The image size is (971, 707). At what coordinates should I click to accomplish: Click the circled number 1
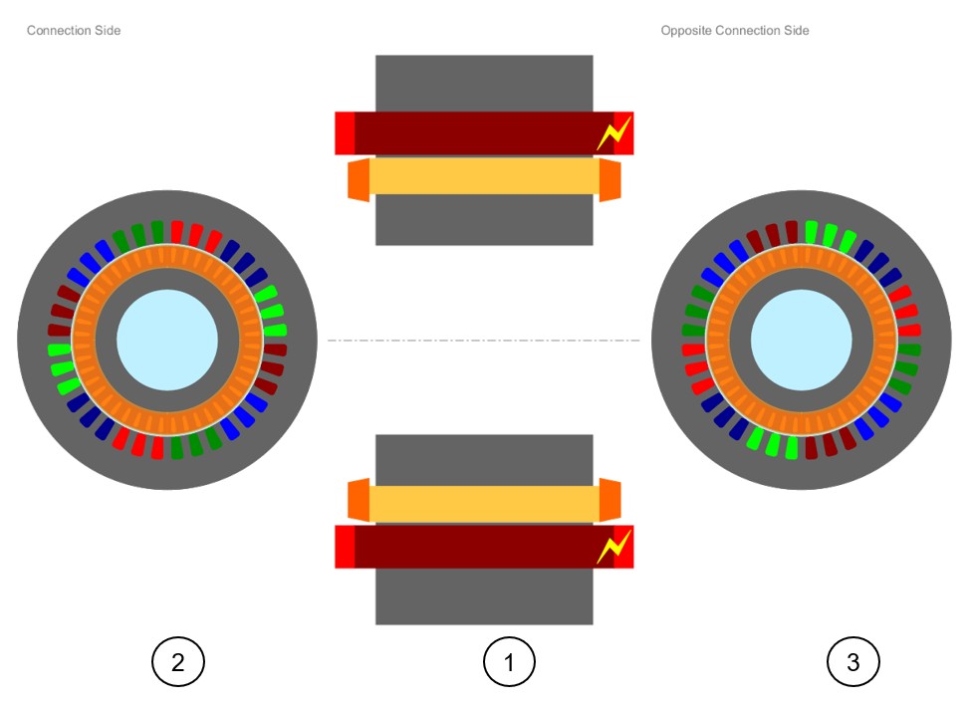(509, 661)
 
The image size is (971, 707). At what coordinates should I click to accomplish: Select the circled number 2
(177, 661)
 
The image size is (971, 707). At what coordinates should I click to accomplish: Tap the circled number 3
(853, 661)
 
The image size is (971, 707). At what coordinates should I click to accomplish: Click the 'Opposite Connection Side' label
(735, 31)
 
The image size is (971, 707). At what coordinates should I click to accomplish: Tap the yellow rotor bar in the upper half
(484, 176)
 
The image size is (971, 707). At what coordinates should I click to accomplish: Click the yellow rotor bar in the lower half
(484, 503)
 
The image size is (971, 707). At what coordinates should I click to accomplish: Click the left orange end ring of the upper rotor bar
(359, 178)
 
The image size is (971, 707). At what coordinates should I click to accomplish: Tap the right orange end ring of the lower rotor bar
(609, 500)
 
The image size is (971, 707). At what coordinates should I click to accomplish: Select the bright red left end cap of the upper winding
(345, 133)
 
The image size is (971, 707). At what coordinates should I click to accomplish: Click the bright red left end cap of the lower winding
(345, 547)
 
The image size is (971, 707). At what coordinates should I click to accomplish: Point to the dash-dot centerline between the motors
(484, 341)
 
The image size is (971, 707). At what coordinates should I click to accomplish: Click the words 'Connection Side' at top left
(74, 31)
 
